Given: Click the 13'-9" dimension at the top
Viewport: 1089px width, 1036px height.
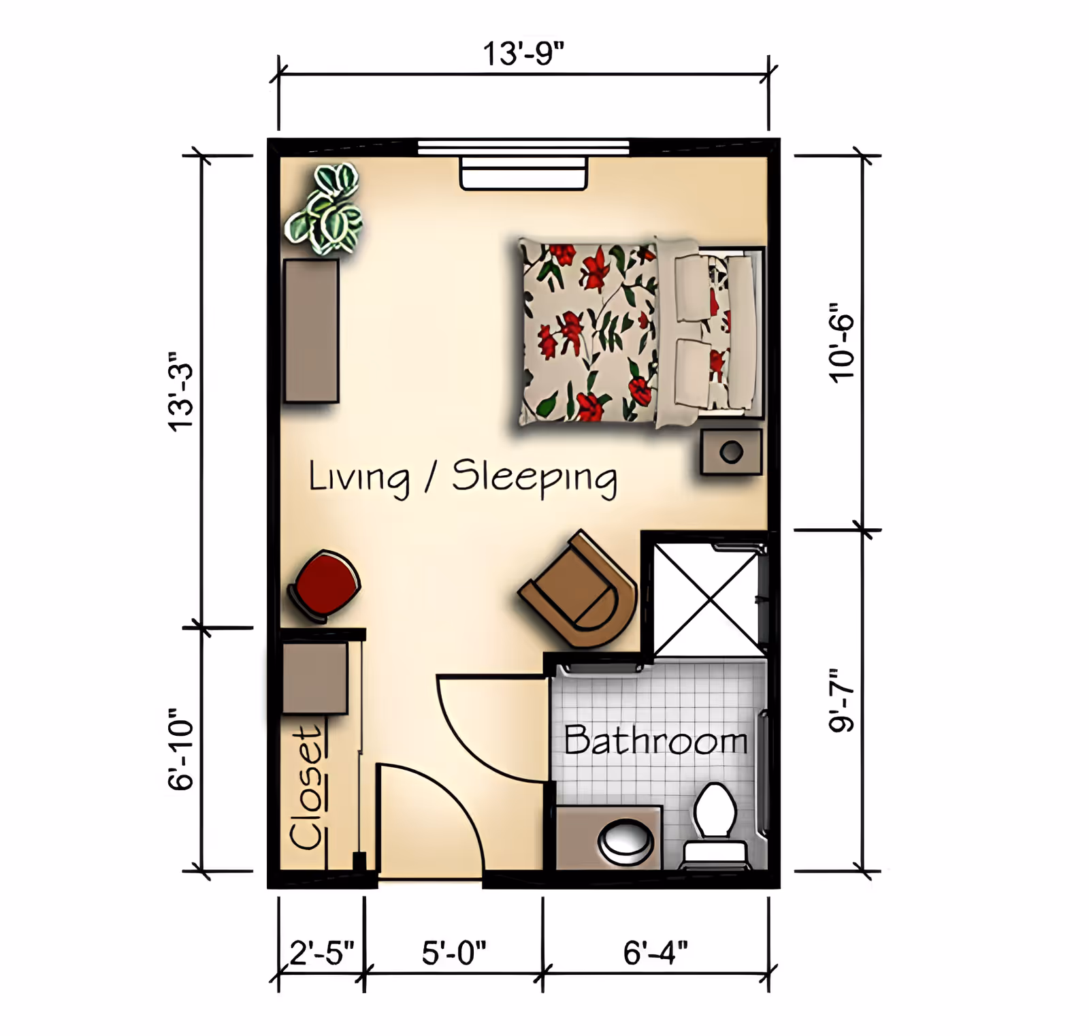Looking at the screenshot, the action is (523, 54).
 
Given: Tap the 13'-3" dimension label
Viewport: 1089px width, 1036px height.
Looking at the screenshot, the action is (182, 391).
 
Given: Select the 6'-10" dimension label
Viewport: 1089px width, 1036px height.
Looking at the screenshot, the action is (181, 749).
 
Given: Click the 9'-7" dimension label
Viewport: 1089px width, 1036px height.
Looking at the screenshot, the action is (841, 700).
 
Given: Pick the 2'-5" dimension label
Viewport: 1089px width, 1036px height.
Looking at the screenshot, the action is (322, 953).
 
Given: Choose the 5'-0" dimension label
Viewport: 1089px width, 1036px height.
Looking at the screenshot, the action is (454, 953).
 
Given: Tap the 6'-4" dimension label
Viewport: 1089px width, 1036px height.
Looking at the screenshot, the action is (655, 953).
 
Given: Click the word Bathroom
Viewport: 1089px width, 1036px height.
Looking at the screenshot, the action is (656, 740).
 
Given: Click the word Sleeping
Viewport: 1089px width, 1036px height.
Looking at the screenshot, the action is (535, 478).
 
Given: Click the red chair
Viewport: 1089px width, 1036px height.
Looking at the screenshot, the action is (325, 586).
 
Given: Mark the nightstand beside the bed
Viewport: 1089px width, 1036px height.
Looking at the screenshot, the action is (732, 452).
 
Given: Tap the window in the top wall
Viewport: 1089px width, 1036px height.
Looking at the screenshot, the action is (523, 147).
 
